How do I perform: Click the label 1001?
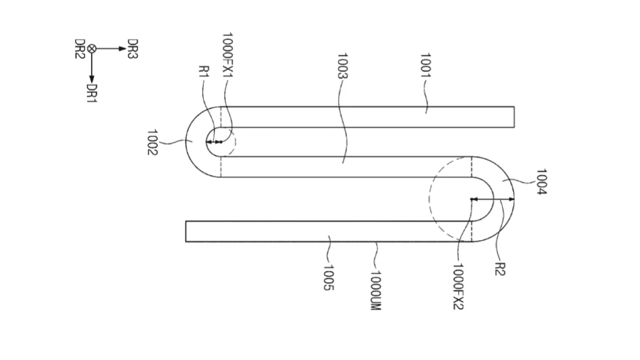pos(425,65)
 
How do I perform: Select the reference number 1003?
pos(342,65)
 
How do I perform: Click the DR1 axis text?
pos(92,93)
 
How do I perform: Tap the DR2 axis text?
pos(79,49)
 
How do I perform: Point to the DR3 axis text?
pos(132,49)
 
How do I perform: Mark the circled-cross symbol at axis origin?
pos(92,48)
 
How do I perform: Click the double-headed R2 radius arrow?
pos(492,199)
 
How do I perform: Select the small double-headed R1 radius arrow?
pos(215,142)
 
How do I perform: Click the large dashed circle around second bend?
pos(431,200)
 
